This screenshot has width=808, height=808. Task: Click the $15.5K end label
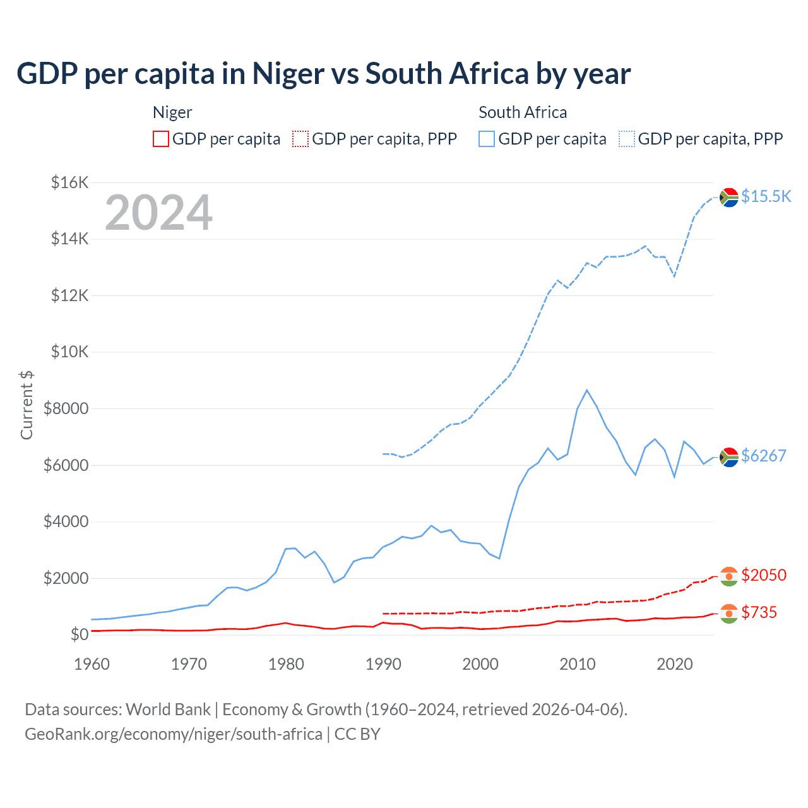tap(766, 196)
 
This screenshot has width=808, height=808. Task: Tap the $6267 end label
tap(763, 456)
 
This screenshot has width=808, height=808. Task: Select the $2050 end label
tap(763, 575)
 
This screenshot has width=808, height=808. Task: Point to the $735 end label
tap(759, 612)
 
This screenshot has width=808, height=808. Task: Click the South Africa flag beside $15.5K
tap(729, 198)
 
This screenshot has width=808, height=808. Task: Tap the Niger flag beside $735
tap(729, 613)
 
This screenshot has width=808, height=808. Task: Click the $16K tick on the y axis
tap(70, 183)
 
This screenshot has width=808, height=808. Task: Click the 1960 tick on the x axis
tap(92, 664)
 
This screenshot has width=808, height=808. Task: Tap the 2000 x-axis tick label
tap(480, 664)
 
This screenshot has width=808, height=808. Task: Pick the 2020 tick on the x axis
tap(675, 664)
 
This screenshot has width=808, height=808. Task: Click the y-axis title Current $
tap(27, 405)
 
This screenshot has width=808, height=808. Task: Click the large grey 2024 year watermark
tap(158, 213)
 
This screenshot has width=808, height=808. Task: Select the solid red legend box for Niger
tap(161, 139)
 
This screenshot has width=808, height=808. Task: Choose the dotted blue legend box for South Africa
tap(627, 139)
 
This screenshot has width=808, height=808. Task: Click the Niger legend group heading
tap(172, 112)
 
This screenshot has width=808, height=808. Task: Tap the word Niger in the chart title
tap(288, 73)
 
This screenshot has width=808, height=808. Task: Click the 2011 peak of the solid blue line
tap(587, 390)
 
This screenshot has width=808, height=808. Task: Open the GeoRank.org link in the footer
tap(174, 734)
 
